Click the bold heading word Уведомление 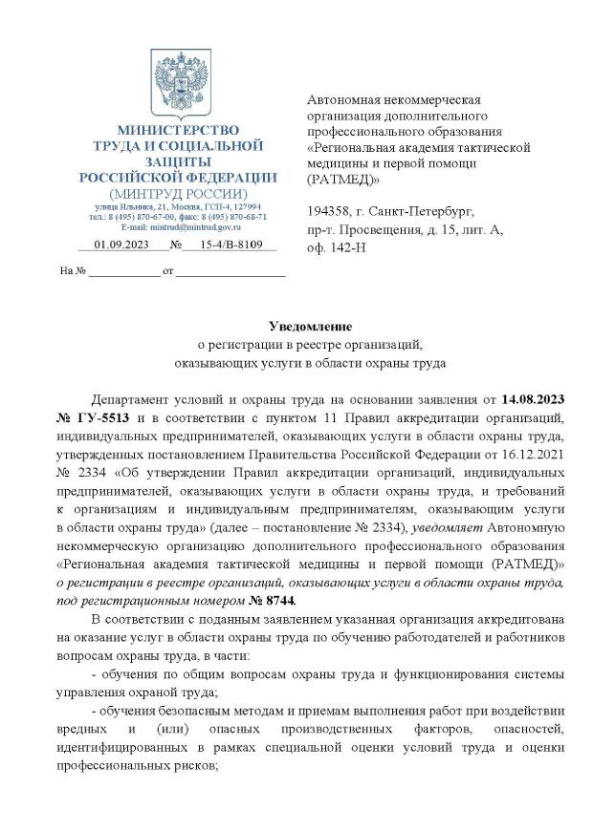point(296,328)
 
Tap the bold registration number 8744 point(278,599)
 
